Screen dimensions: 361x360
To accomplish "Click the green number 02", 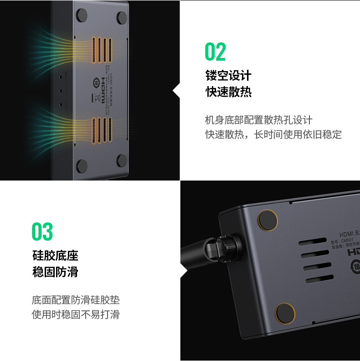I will pos(215,52).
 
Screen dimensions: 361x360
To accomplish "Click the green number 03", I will pos(42,232).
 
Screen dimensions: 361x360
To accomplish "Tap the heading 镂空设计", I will pos(228,75).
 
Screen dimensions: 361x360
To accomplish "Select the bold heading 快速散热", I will pos(228,92).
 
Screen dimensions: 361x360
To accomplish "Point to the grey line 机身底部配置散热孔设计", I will pos(259,120).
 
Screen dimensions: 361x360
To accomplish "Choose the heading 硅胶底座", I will pos(55,255).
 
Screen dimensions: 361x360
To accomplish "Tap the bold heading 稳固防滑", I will pos(55,272).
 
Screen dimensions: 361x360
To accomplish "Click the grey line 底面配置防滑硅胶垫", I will pos(76,300).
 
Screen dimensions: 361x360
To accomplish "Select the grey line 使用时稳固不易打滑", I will pos(76,315).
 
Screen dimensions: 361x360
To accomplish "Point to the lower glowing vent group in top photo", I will pos(102,131).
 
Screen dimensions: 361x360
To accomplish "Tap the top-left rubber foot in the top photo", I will pos(82,16).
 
